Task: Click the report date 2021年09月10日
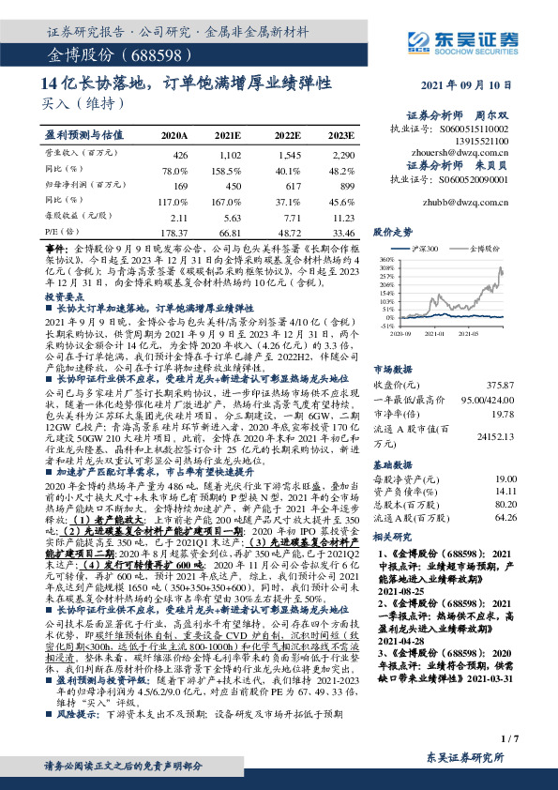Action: coord(471,84)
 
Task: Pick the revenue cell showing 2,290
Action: coord(343,153)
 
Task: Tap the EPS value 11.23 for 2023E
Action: coord(343,216)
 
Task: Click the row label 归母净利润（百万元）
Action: coord(81,185)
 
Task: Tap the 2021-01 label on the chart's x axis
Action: coord(437,332)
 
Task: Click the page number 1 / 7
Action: coord(508,740)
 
